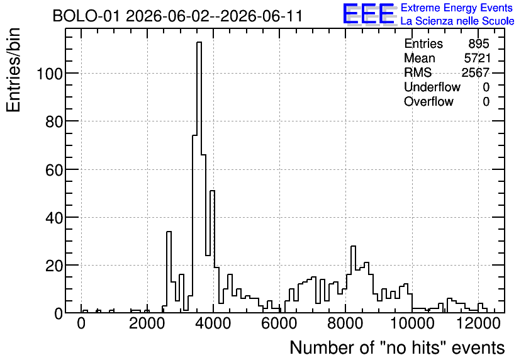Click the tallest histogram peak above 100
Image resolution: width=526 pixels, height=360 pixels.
199,42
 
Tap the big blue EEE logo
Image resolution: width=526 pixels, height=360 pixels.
369,14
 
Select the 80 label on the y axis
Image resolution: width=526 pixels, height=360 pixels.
54,121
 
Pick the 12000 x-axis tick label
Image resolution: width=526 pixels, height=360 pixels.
478,323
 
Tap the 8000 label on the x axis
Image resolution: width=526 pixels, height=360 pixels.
345,323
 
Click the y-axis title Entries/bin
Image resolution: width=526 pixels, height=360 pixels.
14,70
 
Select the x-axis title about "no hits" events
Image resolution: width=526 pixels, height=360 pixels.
397,347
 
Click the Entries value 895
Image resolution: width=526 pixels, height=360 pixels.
479,43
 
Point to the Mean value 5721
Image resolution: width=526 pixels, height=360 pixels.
477,58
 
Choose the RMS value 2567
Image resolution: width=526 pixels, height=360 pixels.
476,72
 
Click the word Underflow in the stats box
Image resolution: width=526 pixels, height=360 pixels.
432,87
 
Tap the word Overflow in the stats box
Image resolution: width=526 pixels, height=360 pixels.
428,101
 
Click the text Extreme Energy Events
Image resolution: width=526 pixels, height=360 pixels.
457,8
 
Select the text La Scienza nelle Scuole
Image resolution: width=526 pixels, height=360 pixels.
457,21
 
